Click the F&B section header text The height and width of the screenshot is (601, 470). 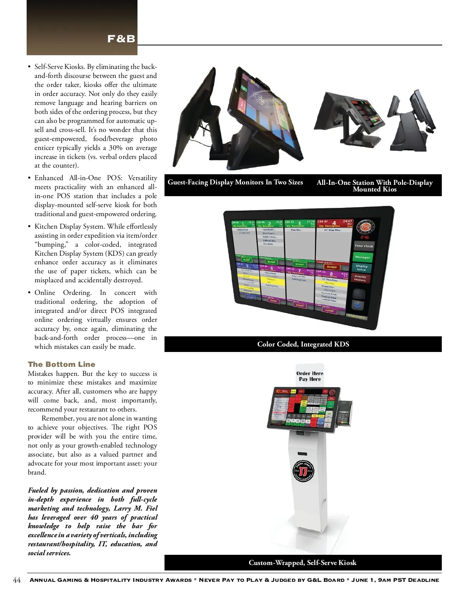point(121,39)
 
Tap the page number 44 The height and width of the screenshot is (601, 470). point(17,580)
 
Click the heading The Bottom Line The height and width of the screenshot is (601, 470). point(61,364)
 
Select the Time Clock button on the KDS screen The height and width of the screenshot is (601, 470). point(363,246)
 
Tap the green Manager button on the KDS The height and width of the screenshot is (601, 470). point(362,257)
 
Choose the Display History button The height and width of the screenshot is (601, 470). point(360,278)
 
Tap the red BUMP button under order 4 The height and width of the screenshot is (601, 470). point(332,267)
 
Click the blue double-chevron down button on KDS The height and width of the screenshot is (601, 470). point(357,305)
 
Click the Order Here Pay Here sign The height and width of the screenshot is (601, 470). point(310,376)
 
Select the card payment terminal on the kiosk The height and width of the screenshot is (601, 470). point(344,413)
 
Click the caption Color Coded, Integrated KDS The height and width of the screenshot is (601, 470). point(303,344)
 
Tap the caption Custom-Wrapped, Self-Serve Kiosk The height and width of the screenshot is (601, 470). point(302,563)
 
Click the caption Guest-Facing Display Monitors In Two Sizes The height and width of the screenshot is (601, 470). point(235,182)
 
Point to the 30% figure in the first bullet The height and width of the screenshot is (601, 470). point(116,148)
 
